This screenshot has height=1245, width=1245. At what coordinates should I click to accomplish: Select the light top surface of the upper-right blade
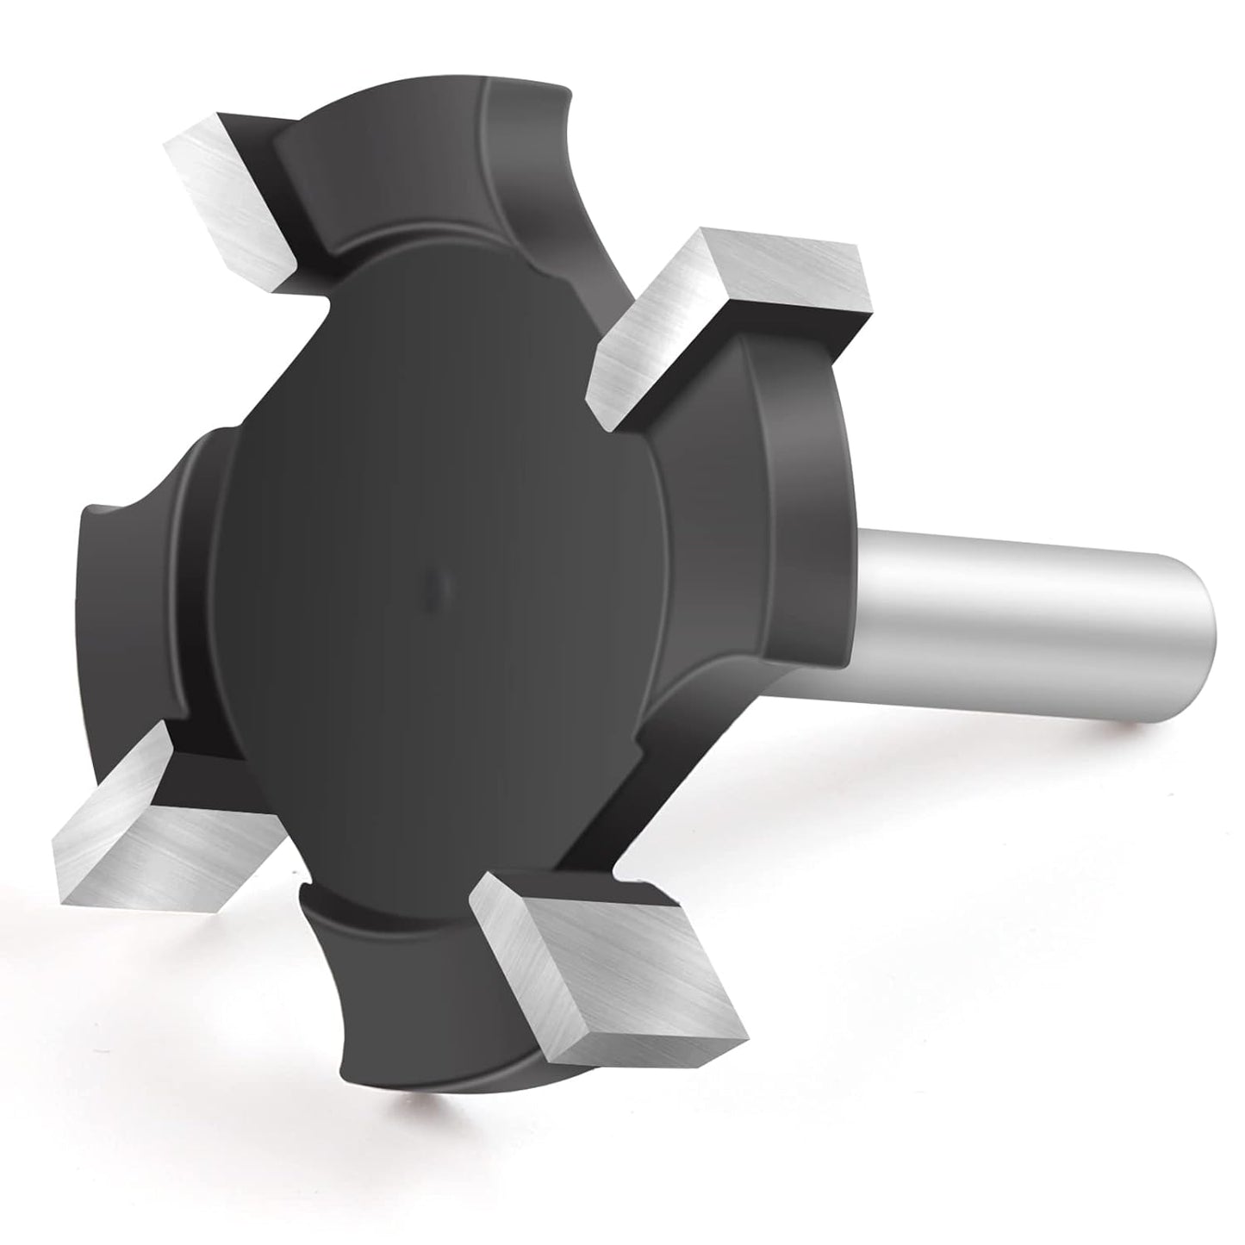click(758, 284)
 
